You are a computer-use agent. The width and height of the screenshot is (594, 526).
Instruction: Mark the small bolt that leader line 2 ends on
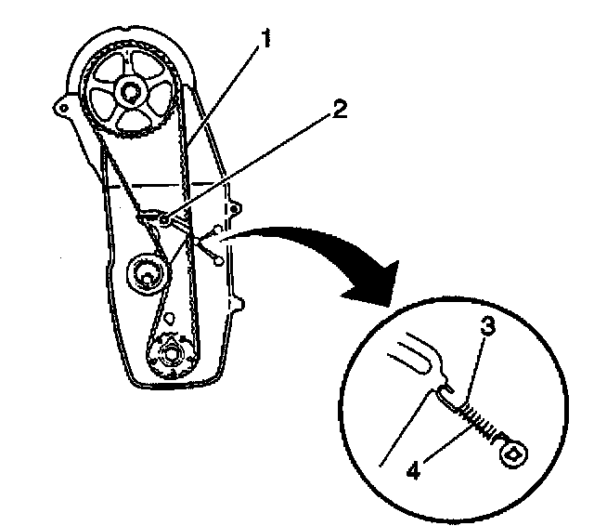(166, 219)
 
